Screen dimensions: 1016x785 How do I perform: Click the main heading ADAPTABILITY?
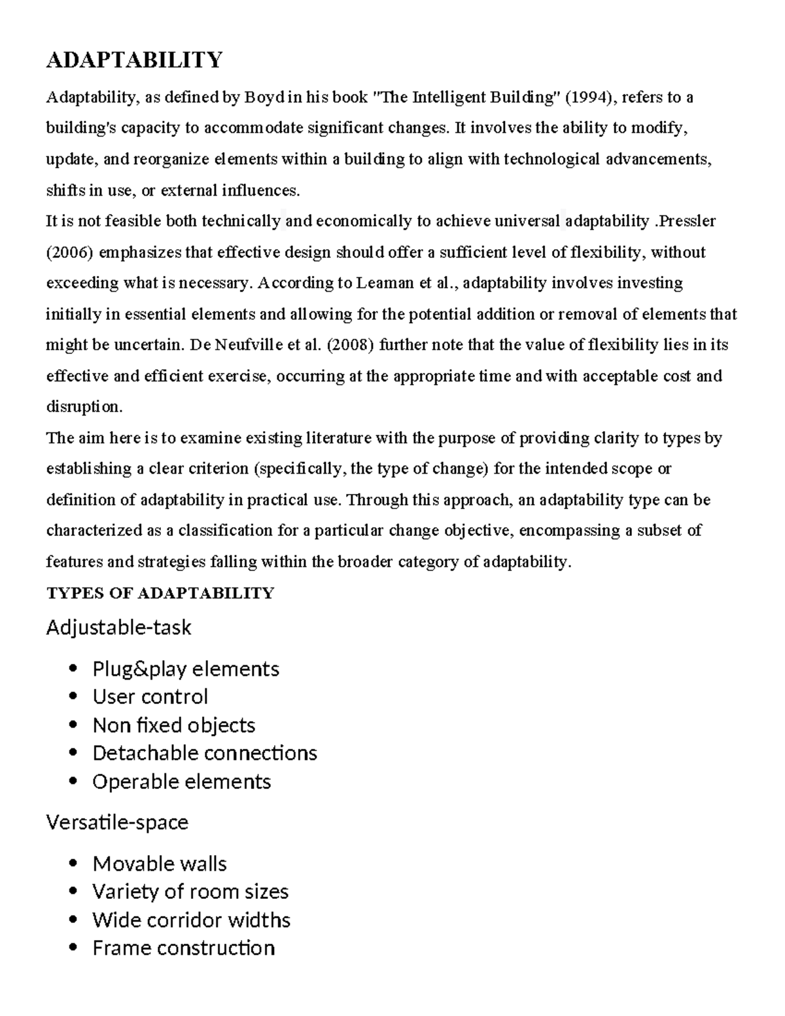[x=134, y=60]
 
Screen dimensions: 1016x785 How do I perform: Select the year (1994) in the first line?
[x=589, y=97]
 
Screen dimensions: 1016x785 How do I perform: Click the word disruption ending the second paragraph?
[x=83, y=407]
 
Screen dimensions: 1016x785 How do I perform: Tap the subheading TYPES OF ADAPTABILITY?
[x=160, y=593]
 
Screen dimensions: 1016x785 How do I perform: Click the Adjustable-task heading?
[x=118, y=627]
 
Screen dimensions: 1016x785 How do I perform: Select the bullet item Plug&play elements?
[x=186, y=669]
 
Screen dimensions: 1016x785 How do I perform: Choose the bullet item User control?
[x=150, y=697]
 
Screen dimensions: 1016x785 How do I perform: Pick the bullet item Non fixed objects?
[x=173, y=725]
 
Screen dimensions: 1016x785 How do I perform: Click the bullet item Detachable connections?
[x=204, y=753]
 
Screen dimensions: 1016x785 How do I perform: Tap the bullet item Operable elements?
[x=181, y=781]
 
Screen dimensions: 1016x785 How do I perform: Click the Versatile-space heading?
[x=117, y=822]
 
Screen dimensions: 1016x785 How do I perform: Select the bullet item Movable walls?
[x=159, y=864]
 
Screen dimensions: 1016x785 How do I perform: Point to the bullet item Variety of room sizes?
[x=190, y=892]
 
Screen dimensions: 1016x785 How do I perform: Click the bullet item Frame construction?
[x=183, y=948]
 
